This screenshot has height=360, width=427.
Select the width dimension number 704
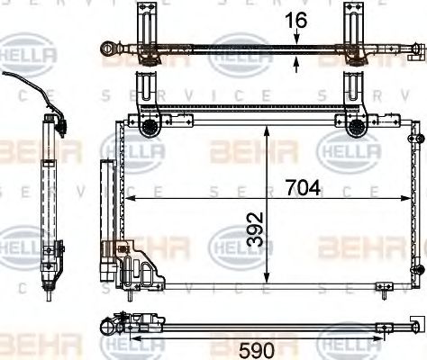click(303, 188)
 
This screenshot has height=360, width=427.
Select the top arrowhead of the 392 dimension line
click(265, 129)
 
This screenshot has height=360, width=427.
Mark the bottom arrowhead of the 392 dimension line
click(265, 282)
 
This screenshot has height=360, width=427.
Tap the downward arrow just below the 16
click(296, 38)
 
